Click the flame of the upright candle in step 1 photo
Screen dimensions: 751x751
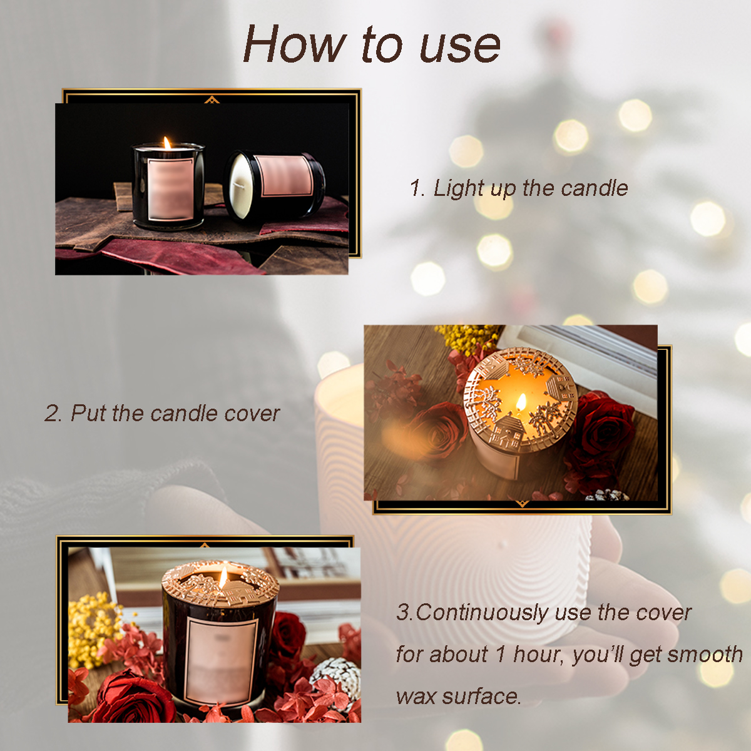point(167,143)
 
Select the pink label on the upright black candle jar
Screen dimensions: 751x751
point(170,190)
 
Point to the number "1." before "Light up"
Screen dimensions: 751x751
point(417,188)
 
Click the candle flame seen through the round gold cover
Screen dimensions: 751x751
point(521,401)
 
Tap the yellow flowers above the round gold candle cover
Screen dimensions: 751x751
point(466,338)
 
